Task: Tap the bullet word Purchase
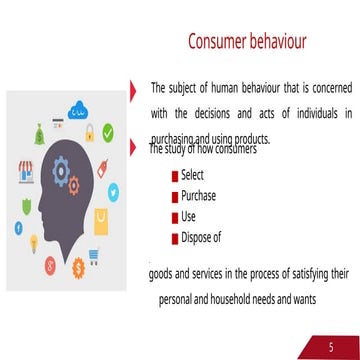[198, 196]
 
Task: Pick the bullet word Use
[189, 217]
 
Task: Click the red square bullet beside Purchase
[175, 197]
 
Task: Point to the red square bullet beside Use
[175, 218]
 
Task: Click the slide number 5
[331, 346]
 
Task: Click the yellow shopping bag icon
[101, 219]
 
